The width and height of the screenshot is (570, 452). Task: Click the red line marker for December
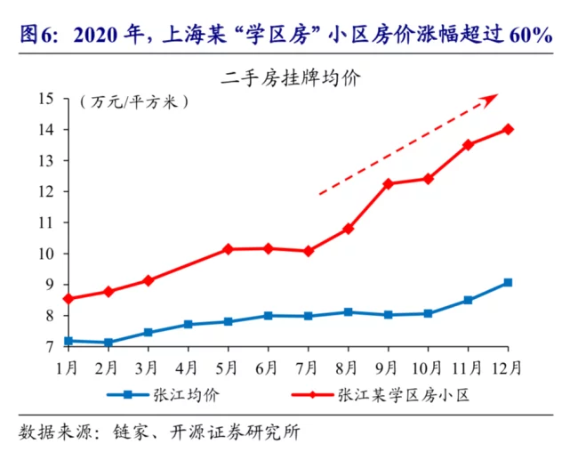point(508,129)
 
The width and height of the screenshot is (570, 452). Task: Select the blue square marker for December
point(508,283)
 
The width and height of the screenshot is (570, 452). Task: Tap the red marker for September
point(388,184)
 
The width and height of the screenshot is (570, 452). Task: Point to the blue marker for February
point(108,343)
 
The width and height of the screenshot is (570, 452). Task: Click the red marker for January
point(68,299)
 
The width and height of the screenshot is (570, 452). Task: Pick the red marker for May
point(229,249)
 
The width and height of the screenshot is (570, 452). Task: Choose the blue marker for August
point(348,312)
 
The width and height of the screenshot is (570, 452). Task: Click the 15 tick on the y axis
point(46,99)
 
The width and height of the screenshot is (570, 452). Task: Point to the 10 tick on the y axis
point(46,254)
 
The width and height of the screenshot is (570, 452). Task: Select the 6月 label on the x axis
point(267,367)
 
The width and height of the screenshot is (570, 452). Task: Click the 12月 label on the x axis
point(506,367)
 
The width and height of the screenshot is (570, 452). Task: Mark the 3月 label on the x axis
point(148,367)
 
